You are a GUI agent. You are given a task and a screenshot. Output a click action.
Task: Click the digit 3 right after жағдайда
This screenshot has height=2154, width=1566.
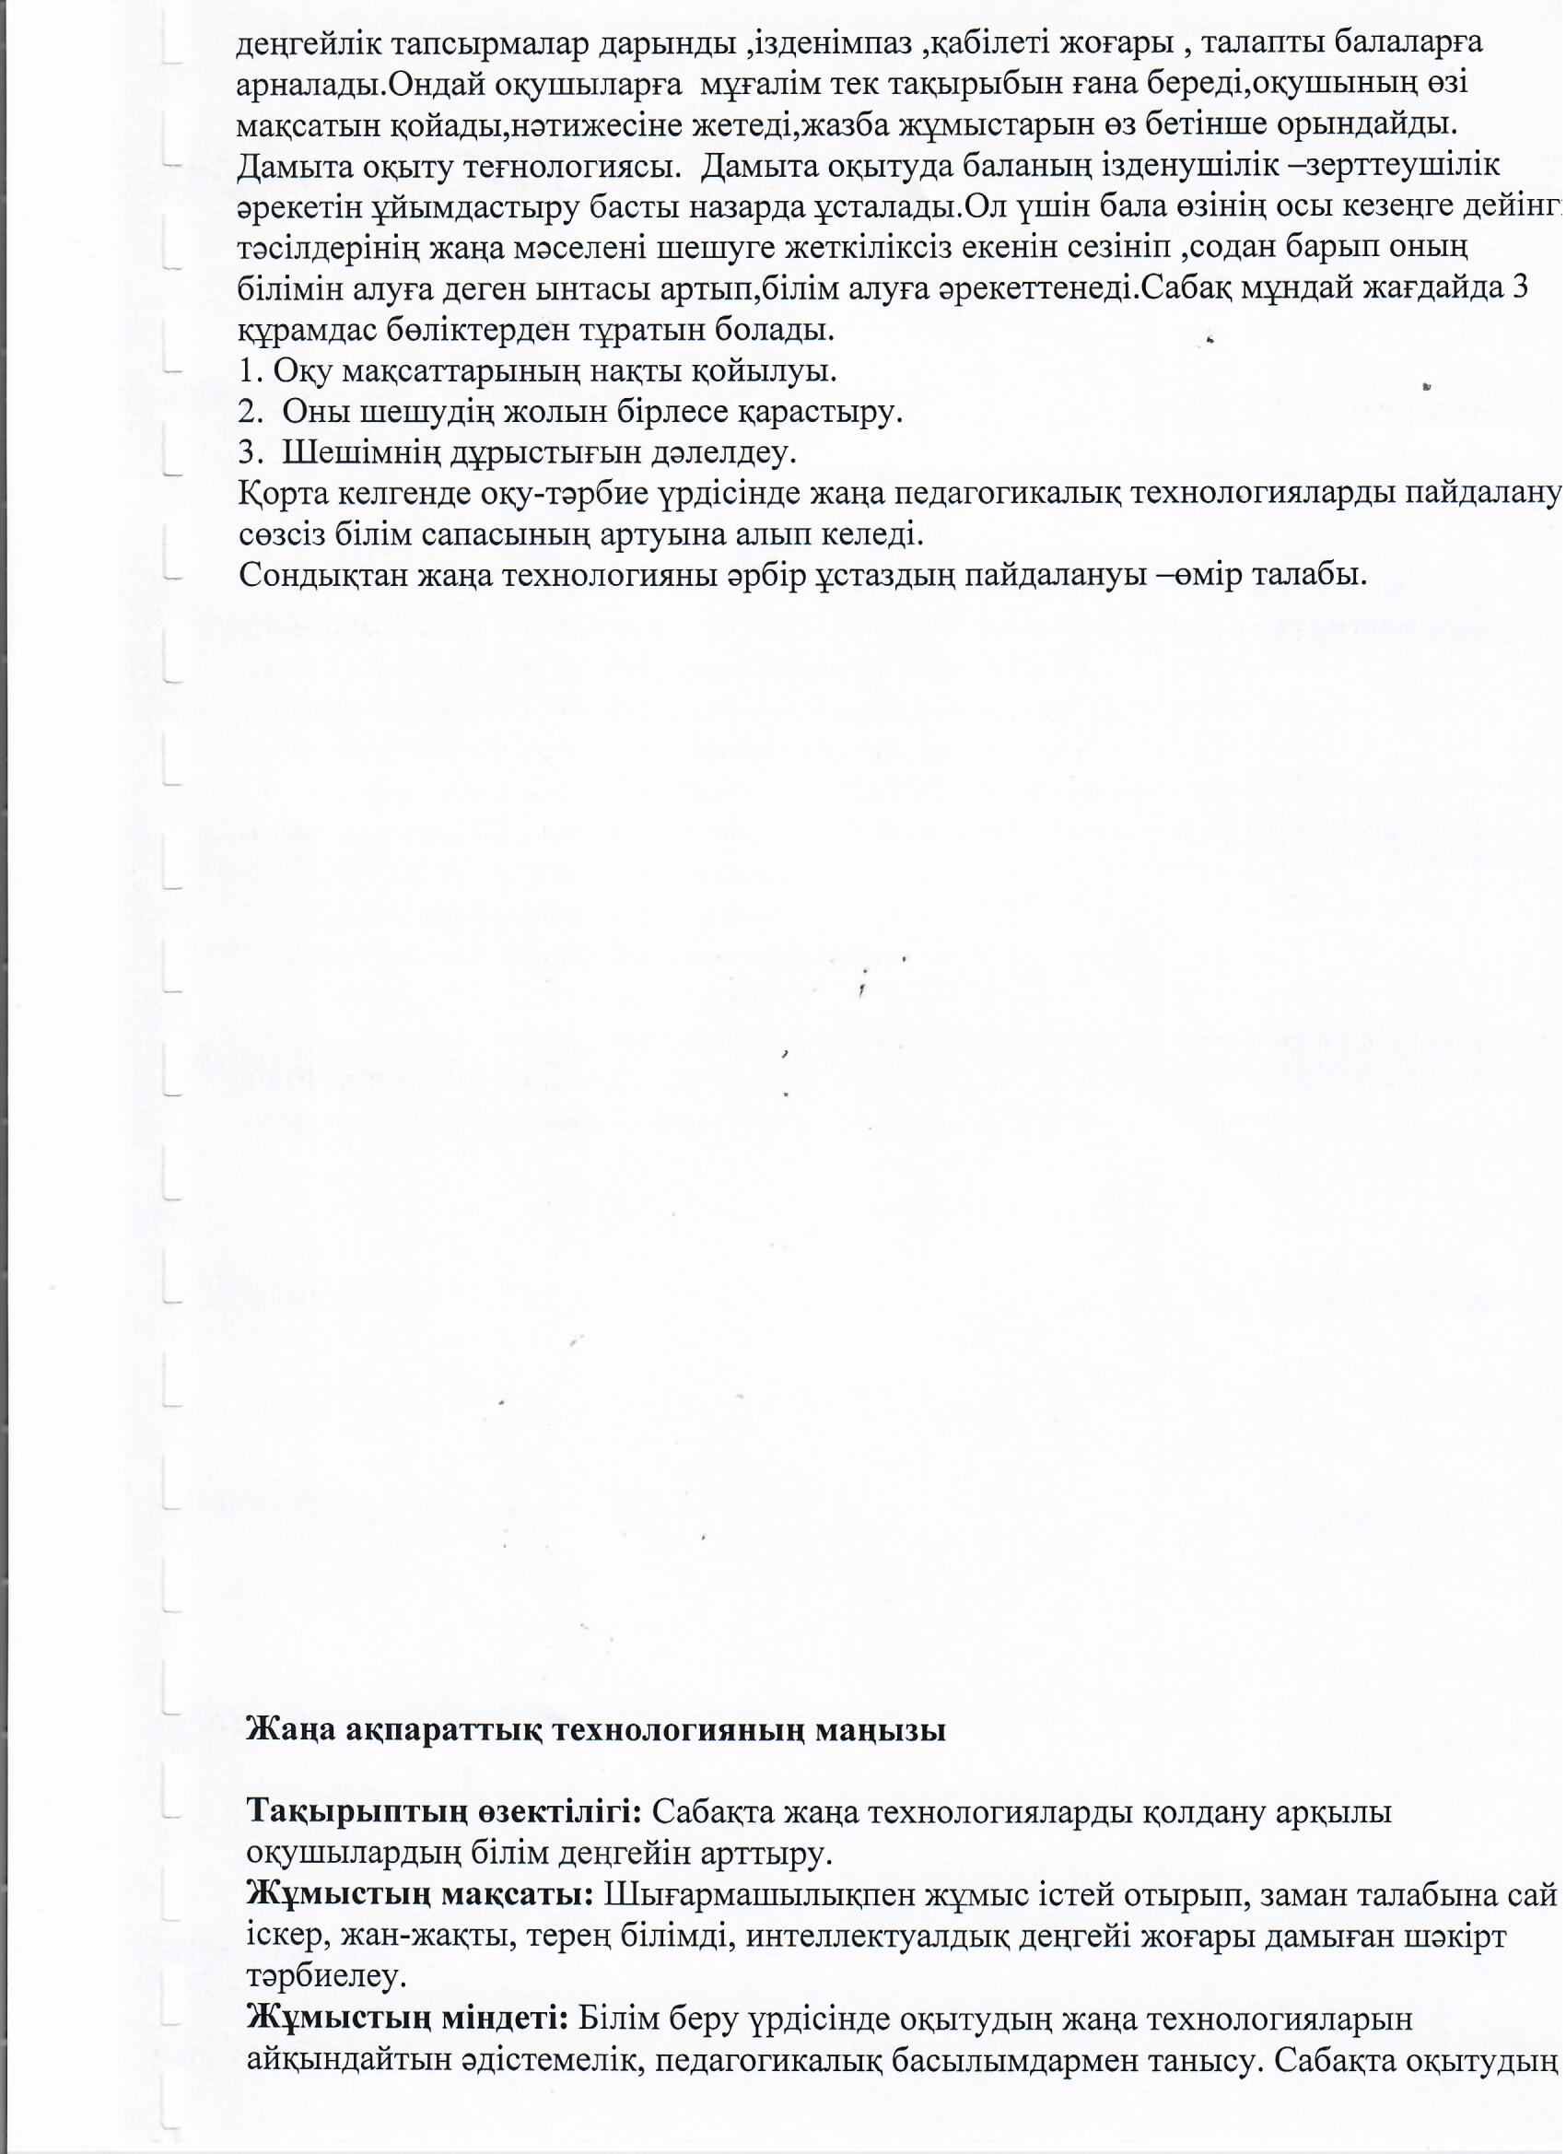pyautogui.click(x=1521, y=289)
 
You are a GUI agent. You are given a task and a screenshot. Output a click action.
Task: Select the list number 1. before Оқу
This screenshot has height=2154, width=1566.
pyautogui.click(x=251, y=371)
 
